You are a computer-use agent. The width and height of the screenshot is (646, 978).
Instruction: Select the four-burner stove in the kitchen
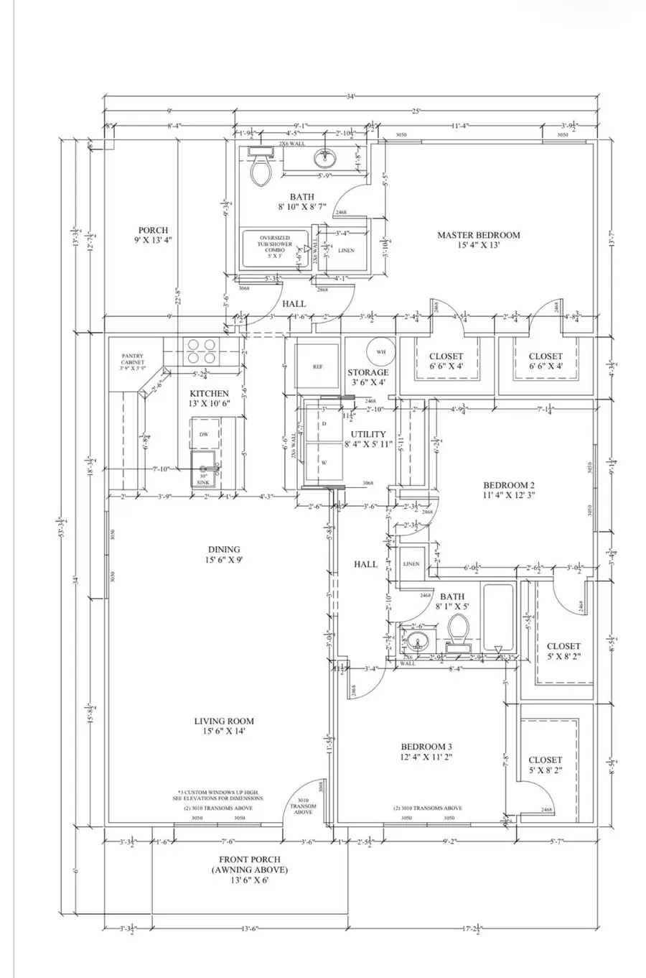coord(202,352)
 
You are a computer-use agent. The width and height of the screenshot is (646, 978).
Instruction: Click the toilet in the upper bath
coord(259,167)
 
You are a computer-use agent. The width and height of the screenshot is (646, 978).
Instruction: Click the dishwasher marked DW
coord(205,435)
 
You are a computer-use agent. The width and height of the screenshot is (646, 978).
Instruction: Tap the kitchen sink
coord(205,471)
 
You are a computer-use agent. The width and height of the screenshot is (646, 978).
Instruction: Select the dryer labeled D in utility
coord(324,425)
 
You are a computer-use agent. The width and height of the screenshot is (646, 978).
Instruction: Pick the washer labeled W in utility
coord(324,463)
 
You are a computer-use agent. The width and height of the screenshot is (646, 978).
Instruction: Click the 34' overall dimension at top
coord(350,96)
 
